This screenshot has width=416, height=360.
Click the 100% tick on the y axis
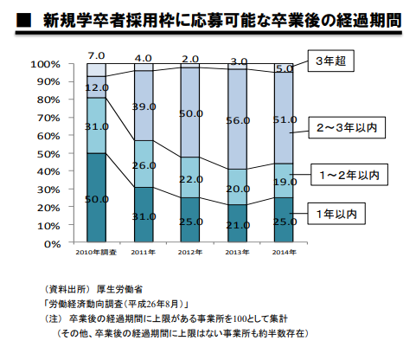(44, 64)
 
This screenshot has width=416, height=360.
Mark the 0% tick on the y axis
(49, 243)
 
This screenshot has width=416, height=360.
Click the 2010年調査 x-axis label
(96, 253)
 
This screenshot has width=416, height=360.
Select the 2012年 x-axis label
(190, 253)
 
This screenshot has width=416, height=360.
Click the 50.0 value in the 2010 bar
(96, 199)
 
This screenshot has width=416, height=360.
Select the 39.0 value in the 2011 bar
(144, 106)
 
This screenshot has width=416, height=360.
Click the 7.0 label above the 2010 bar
(96, 56)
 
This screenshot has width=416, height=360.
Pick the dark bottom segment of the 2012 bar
(191, 221)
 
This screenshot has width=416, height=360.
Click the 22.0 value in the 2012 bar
(191, 178)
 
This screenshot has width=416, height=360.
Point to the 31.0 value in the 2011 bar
(144, 216)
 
